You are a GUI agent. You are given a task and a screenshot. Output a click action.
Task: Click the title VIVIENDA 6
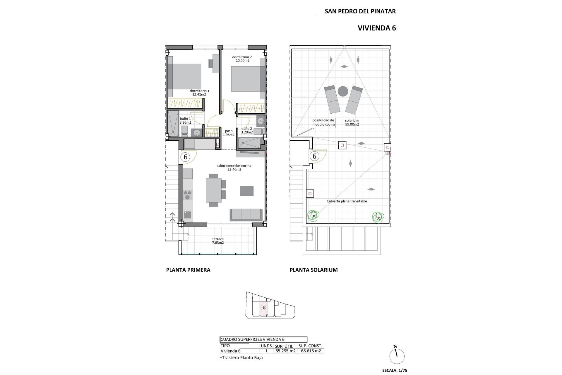coord(376,28)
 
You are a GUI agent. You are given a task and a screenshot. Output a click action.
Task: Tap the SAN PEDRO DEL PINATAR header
coord(360,11)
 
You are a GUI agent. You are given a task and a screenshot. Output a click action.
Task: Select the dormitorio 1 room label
coord(199,93)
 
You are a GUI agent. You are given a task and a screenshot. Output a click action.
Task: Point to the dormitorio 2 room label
coord(242,59)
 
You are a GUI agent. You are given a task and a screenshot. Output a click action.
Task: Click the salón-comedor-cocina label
coord(234,168)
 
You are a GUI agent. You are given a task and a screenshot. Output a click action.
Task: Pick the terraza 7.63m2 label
coord(218,241)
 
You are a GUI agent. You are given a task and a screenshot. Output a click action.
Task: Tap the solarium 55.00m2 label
coord(352,122)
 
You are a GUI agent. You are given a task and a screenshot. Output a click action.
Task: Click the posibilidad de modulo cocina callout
coord(323,122)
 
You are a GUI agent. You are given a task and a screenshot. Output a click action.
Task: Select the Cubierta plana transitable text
coord(347,201)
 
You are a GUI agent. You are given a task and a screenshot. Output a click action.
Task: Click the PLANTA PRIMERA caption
coord(188,270)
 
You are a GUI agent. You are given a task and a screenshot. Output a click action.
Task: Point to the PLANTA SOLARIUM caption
coord(313,270)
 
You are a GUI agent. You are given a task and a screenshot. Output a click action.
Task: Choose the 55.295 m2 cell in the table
coord(285,351)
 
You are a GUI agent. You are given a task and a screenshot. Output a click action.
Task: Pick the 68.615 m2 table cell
coord(310,351)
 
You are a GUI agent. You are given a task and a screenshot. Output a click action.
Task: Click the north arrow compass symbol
coord(397,356)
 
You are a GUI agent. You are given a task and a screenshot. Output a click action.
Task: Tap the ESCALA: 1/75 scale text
coord(395,370)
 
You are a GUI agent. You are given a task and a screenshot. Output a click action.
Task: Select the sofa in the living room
coord(246,215)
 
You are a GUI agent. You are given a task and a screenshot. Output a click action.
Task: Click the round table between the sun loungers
coord(343,91)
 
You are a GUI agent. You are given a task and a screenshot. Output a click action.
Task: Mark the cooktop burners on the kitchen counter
coord(188,195)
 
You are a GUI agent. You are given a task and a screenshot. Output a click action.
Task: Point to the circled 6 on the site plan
coord(264,308)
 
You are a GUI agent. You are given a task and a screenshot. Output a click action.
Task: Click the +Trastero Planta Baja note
coord(241,358)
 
